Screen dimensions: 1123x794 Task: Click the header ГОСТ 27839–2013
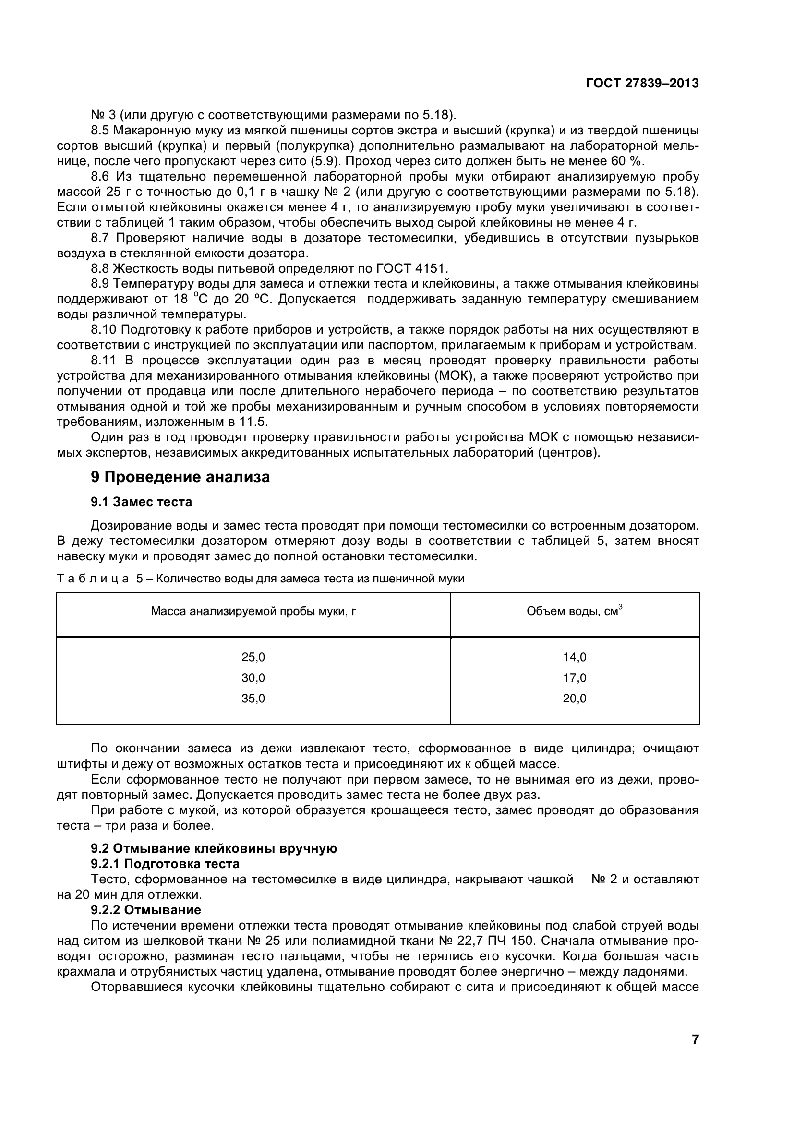642,84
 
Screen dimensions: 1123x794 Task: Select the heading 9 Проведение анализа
180,477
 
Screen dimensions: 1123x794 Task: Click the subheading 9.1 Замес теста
141,502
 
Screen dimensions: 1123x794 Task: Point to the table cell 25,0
253,657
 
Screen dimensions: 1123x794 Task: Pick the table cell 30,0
253,678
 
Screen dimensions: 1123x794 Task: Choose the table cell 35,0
253,699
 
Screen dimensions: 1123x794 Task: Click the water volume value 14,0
575,657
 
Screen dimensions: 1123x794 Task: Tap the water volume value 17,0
575,678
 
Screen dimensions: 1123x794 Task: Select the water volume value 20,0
575,699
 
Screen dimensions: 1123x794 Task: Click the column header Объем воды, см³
575,611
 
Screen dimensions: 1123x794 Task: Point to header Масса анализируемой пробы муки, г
253,611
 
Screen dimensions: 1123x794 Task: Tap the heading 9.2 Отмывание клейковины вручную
214,848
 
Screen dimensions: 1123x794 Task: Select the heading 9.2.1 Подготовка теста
165,864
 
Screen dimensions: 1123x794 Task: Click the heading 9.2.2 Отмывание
146,910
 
